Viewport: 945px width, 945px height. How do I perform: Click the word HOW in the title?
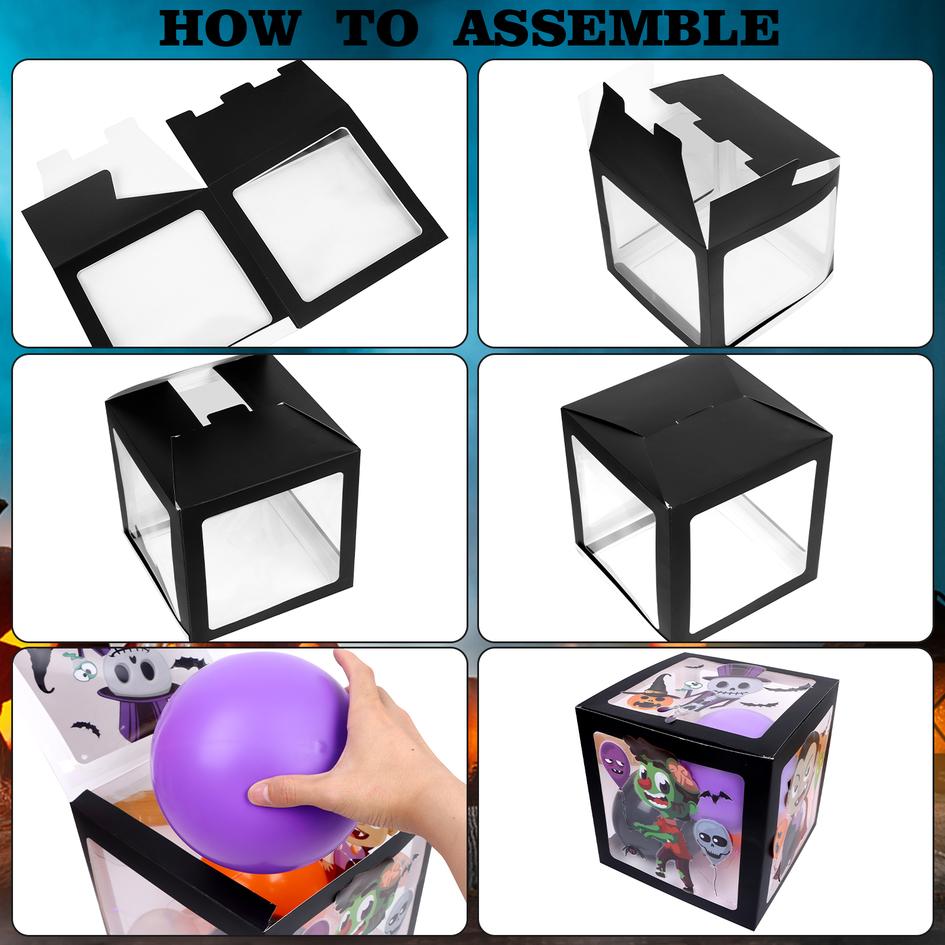(x=229, y=28)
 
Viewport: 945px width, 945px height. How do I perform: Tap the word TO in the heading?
(x=377, y=28)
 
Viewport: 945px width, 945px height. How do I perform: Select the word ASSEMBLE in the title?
(x=616, y=28)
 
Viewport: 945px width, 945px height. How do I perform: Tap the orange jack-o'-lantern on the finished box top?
(x=643, y=701)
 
